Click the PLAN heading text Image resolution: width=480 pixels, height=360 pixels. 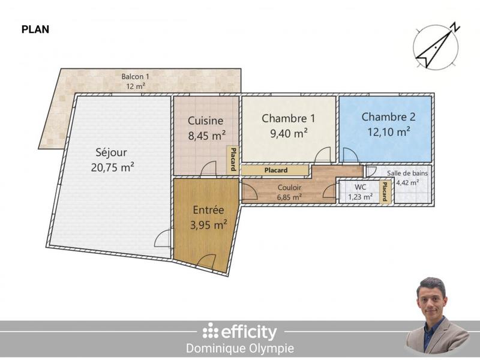35,29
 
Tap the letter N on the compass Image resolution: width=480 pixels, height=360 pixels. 455,27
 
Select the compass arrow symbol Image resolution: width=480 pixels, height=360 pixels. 434,49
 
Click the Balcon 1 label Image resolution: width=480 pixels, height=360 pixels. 135,77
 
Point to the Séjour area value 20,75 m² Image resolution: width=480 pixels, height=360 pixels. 112,167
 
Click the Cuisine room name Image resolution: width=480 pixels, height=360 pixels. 206,121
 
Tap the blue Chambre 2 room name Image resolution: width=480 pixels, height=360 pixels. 388,117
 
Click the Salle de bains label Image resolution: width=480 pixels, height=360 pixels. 408,173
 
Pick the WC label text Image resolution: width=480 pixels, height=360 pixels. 360,187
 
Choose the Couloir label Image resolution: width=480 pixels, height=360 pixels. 289,187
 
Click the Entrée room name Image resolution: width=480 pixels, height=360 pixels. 208,211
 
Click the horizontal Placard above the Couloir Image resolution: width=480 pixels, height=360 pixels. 275,170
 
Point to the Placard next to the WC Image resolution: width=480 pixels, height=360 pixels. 385,192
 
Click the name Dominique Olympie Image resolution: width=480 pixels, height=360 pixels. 240,349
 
